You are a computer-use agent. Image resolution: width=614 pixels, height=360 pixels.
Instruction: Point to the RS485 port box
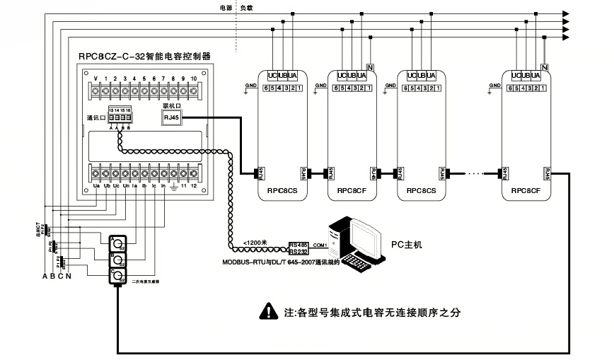298,242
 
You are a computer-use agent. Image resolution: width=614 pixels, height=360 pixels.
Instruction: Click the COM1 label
319,245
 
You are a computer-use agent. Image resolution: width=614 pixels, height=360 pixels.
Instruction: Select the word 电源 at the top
226,8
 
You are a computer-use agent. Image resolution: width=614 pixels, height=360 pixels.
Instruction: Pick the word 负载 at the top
246,8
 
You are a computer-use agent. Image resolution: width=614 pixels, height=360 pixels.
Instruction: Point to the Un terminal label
124,186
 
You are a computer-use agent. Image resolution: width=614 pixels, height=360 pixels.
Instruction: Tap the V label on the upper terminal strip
95,78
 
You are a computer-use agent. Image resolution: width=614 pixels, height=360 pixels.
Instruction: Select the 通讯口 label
95,117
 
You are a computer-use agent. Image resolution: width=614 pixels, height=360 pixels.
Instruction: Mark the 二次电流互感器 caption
146,281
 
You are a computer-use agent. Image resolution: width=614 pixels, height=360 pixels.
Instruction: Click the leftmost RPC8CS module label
282,190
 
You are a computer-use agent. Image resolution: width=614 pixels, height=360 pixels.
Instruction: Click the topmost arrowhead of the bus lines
565,13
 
